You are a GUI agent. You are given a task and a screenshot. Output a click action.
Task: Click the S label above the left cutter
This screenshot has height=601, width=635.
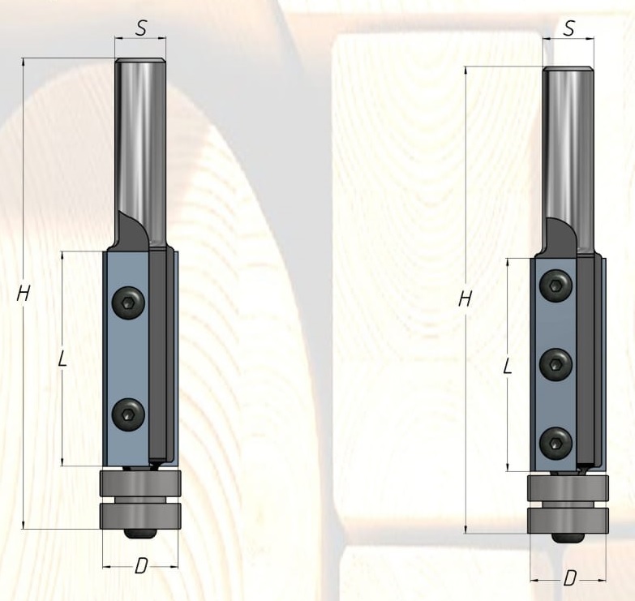140,28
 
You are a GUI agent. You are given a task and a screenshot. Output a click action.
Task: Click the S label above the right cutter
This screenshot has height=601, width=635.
569,28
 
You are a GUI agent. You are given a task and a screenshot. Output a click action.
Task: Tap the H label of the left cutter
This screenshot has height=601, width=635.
23,294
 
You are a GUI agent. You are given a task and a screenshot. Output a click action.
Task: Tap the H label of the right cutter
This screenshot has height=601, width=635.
466,299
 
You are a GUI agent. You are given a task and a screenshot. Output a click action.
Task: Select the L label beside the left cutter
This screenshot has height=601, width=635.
62,358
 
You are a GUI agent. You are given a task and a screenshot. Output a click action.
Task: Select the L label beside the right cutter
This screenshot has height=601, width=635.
508,366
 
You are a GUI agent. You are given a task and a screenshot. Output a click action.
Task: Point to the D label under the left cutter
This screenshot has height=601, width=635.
141,566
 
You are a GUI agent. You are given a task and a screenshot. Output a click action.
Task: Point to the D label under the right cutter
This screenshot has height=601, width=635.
569,578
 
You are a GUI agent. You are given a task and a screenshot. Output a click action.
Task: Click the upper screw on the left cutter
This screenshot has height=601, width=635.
128,303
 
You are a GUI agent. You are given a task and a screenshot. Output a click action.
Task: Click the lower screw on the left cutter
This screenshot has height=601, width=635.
128,414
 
